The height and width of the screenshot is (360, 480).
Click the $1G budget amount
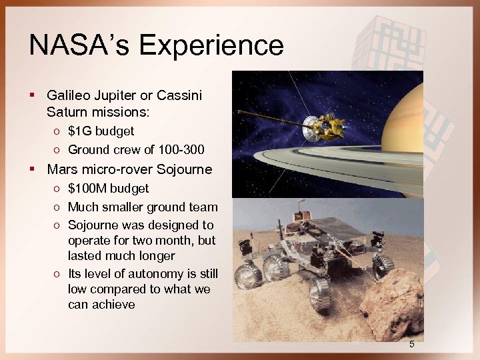click(78, 131)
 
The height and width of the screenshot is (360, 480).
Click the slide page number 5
click(411, 345)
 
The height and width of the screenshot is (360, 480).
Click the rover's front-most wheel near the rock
click(321, 294)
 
